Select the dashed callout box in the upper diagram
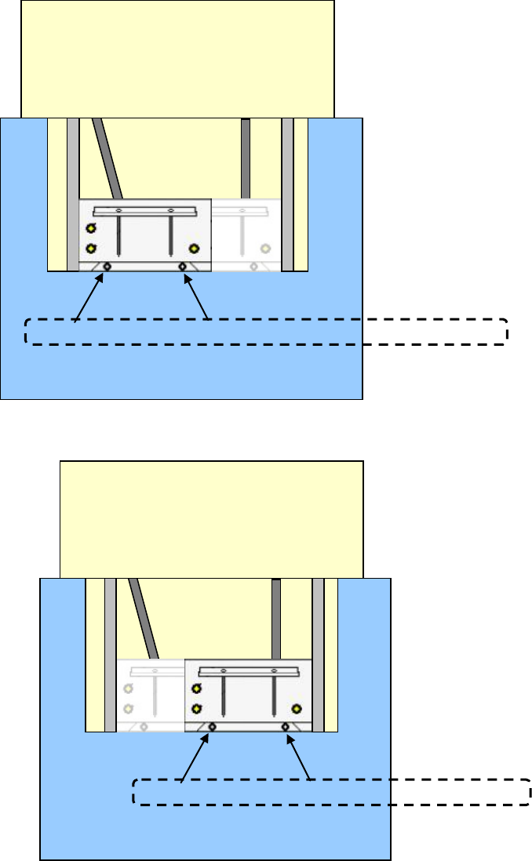[267, 332]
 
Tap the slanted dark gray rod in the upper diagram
[108, 157]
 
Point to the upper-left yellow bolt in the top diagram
[91, 228]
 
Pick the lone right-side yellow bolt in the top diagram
[194, 249]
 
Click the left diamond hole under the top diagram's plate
[107, 267]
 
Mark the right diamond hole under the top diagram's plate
[183, 267]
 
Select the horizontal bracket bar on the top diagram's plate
[144, 211]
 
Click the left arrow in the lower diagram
[197, 754]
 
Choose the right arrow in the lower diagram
[299, 754]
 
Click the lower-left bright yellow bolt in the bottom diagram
[197, 709]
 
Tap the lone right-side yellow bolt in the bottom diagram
[297, 708]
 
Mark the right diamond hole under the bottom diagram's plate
[286, 727]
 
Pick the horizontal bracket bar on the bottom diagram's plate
[250, 671]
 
